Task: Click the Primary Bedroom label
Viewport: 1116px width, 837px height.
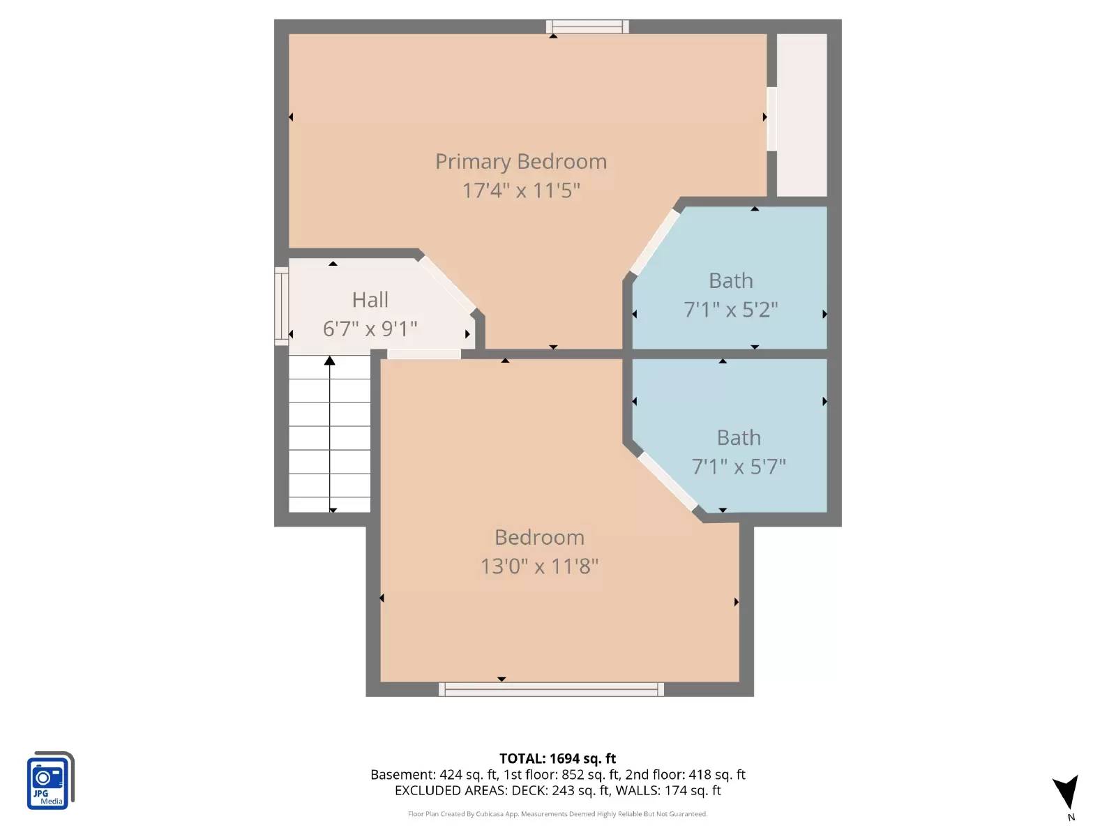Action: point(521,162)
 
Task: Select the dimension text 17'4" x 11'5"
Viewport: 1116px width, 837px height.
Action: point(521,190)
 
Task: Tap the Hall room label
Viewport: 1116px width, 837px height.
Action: point(370,300)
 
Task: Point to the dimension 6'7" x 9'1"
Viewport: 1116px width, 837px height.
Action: point(370,329)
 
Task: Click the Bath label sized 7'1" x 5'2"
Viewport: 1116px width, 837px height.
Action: point(730,281)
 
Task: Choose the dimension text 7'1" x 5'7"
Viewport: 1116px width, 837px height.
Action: point(739,467)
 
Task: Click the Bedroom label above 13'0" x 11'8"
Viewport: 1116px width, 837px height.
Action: point(539,538)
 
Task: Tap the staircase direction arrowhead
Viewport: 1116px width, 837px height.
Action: point(330,361)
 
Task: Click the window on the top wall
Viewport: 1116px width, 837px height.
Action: point(587,27)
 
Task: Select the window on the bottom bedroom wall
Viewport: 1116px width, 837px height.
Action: point(551,689)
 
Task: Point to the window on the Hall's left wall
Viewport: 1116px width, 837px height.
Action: point(281,306)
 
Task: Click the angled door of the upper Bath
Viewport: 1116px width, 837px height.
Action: point(654,243)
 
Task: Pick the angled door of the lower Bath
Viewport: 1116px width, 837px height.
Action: point(668,481)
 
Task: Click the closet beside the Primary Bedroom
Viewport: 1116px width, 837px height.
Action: point(801,115)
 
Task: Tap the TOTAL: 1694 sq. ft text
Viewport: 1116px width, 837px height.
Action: point(557,758)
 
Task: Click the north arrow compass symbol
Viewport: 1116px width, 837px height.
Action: point(1067,793)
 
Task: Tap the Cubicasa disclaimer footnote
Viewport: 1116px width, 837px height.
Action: point(557,814)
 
